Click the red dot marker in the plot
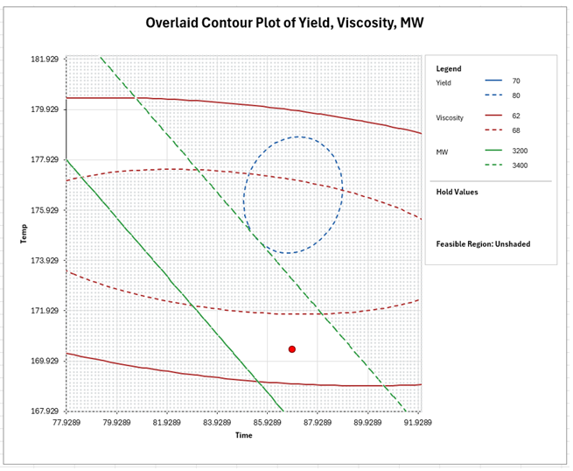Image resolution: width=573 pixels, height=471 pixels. [x=292, y=349]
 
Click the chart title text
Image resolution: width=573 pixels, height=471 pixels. [x=286, y=23]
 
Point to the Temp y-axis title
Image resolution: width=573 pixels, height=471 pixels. [x=24, y=234]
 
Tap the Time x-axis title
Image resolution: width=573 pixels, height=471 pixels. [x=243, y=435]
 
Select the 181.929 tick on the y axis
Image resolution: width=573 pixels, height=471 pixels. [x=43, y=60]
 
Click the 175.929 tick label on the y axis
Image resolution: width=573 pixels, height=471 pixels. [x=43, y=210]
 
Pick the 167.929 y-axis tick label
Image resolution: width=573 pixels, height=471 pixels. [x=43, y=411]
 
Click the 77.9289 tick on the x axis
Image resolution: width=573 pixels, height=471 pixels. [x=67, y=422]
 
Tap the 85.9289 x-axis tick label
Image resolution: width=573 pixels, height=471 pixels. [x=268, y=422]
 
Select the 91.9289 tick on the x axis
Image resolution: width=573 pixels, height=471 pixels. [x=417, y=422]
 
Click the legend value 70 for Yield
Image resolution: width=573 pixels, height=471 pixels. [x=516, y=81]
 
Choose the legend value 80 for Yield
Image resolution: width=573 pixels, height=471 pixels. [x=516, y=95]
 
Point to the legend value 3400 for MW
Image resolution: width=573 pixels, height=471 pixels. [x=520, y=165]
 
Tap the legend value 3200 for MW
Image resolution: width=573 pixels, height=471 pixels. [x=520, y=151]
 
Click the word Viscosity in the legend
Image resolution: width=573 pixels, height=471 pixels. [x=450, y=117]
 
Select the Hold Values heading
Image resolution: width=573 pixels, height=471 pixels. [x=458, y=192]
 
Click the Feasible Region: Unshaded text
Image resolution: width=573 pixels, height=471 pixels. [x=483, y=244]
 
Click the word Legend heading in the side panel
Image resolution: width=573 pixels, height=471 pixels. [x=449, y=68]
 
